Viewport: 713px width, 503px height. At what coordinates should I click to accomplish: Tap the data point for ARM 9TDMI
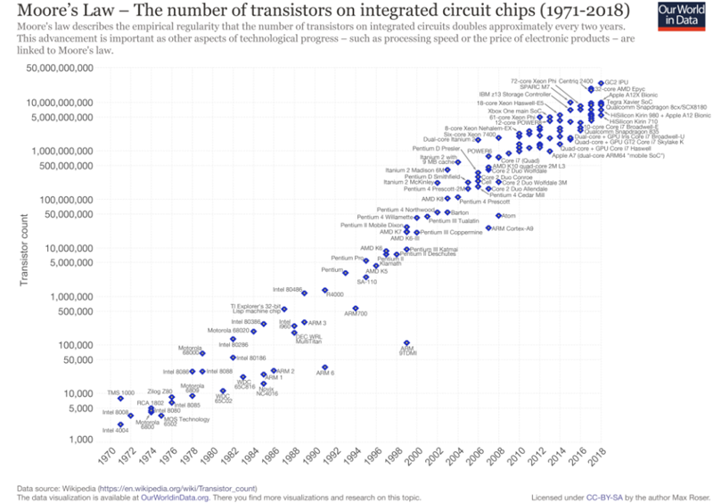[406, 343]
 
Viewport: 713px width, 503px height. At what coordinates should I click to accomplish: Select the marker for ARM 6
[324, 367]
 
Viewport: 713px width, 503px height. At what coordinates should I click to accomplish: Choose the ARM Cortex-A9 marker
[488, 228]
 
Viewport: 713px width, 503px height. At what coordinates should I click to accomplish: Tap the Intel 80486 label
[288, 289]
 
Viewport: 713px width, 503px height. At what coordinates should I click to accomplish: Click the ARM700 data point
[356, 309]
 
